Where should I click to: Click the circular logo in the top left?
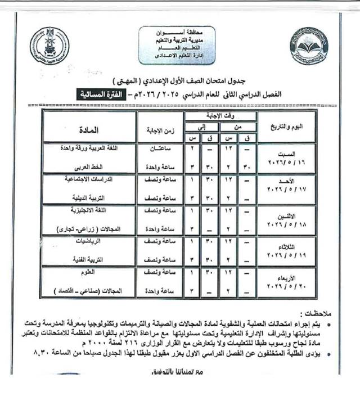click(x=49, y=45)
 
